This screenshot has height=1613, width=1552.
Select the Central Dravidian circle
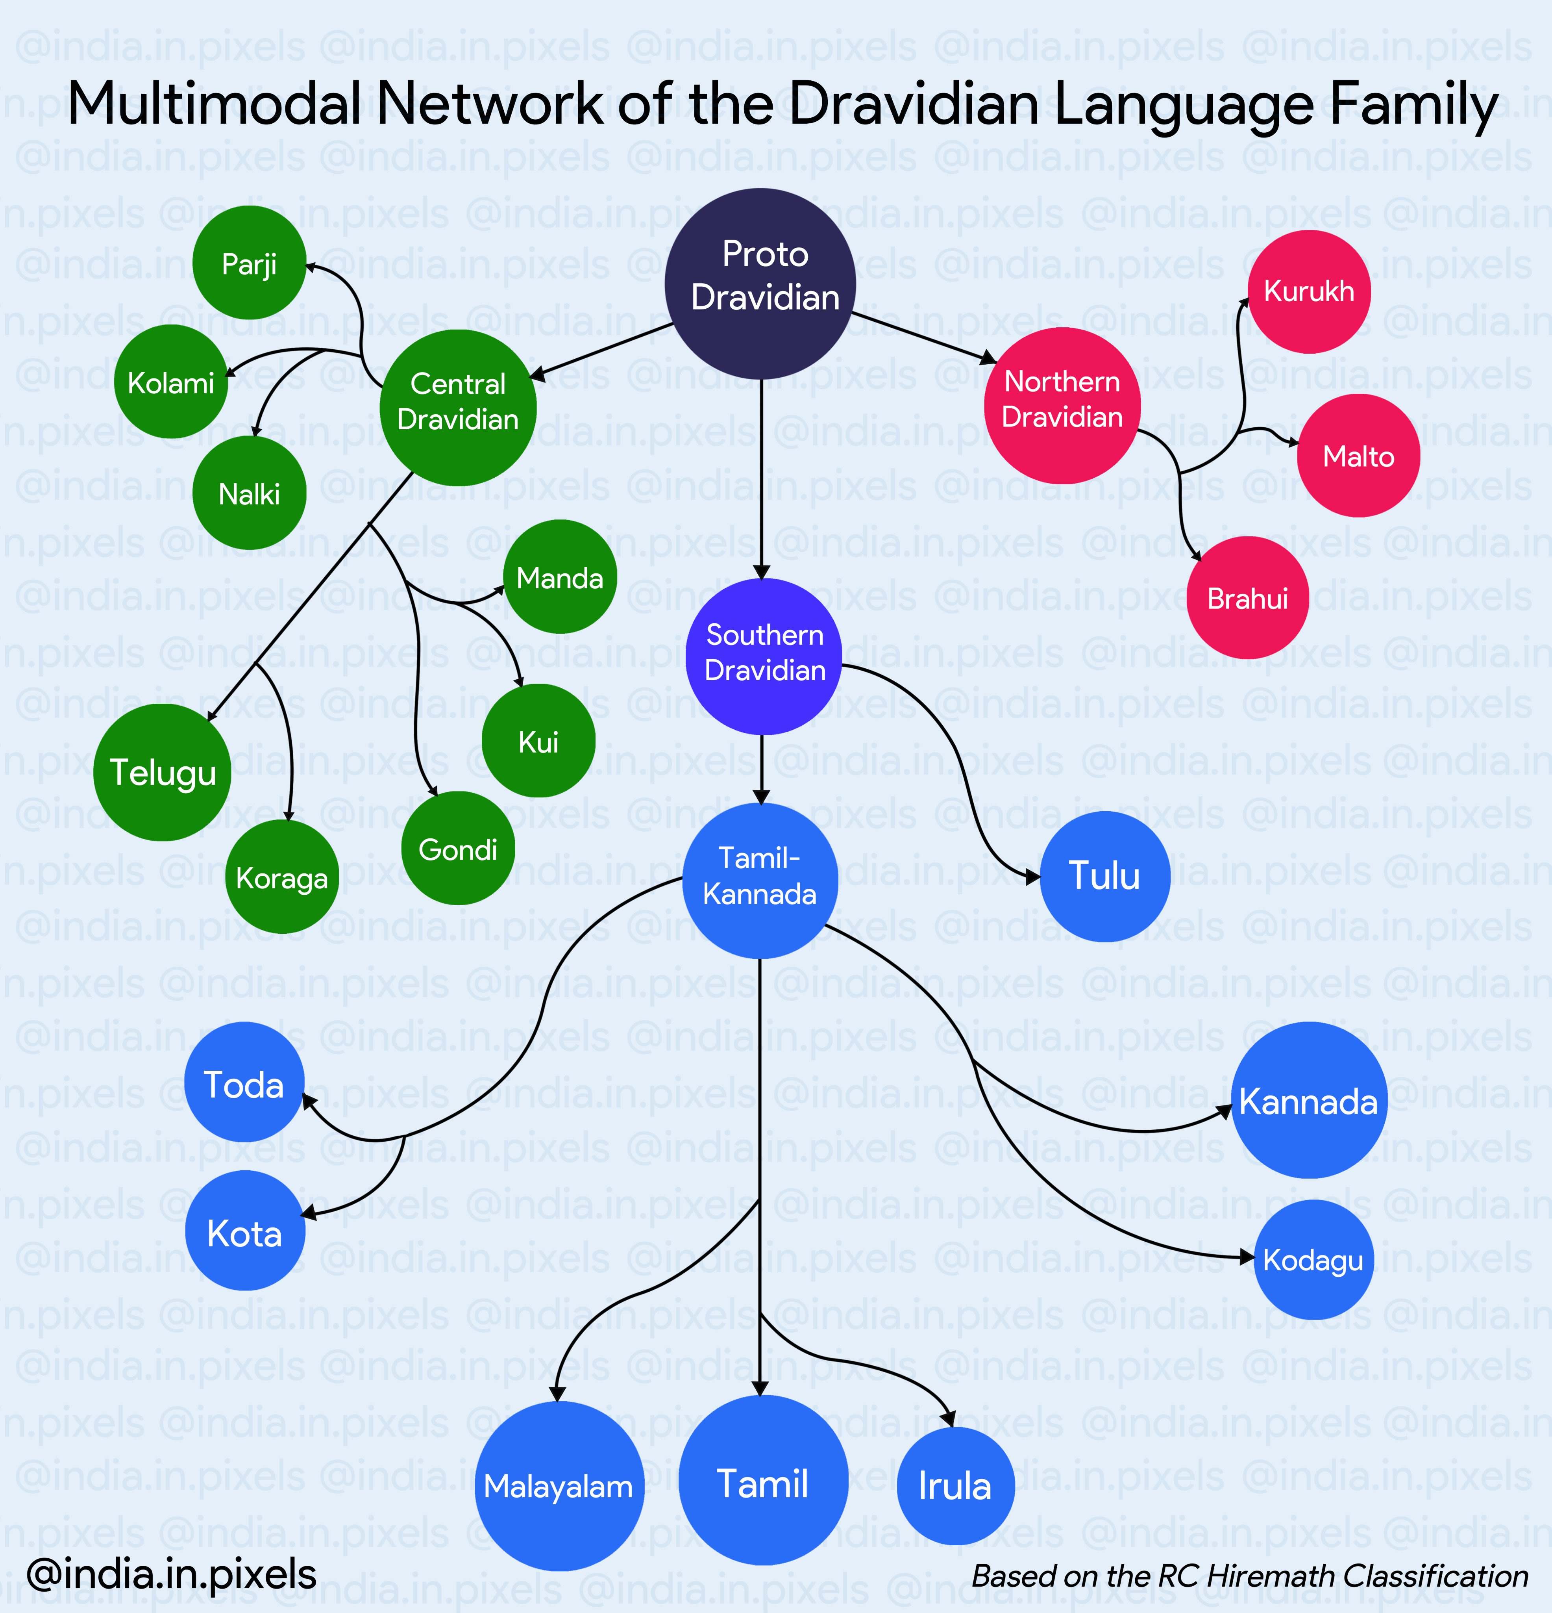458,407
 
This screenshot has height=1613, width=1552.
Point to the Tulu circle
1104,876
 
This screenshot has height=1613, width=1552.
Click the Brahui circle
1247,597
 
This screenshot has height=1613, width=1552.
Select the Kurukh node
1308,291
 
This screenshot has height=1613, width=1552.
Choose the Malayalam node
559,1485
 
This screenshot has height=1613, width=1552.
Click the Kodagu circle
1313,1259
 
